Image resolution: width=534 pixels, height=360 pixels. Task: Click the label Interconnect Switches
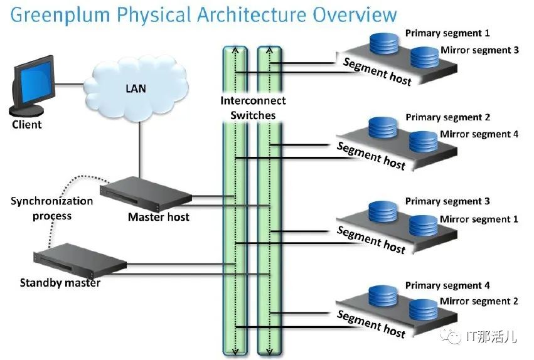pos(253,107)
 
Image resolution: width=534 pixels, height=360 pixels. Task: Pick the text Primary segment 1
pos(447,33)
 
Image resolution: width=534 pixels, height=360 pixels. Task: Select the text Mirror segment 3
pos(479,50)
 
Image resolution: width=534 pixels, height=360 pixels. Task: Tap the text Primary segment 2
pos(447,117)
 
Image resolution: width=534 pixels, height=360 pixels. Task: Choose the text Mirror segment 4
pos(479,134)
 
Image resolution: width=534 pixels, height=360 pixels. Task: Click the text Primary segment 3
pos(447,201)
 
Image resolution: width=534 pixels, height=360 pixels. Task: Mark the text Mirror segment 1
pos(479,219)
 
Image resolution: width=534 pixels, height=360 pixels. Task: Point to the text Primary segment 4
pos(447,285)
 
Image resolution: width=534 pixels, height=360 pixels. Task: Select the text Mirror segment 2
pos(479,301)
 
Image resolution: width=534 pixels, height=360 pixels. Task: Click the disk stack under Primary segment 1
pos(384,43)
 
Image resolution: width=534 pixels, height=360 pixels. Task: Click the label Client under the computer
pos(27,124)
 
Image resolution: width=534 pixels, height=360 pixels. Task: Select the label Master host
pos(158,217)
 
